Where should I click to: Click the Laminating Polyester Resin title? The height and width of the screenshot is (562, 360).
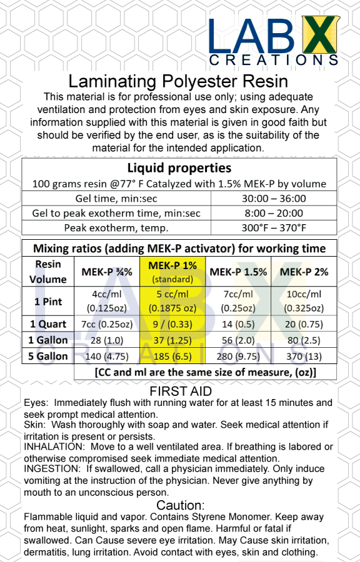178,81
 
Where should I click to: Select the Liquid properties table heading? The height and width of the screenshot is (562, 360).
179,168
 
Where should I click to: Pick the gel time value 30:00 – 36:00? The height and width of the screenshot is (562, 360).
274,199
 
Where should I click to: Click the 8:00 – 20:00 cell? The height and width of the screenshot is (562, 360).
274,213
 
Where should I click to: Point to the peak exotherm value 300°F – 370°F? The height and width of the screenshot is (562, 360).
274,228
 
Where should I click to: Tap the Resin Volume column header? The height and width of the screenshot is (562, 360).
48,272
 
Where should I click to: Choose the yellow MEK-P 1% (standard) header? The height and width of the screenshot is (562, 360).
172,271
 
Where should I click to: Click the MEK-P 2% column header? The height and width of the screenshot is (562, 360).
303,272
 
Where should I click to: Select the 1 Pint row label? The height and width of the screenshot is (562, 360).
48,301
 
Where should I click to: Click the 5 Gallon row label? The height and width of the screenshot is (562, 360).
48,356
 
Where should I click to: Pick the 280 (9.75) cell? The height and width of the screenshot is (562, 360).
237,356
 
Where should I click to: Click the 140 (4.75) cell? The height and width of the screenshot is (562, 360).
107,356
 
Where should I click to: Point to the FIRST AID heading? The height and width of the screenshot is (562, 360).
179,392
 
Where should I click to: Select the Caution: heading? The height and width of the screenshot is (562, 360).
180,505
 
